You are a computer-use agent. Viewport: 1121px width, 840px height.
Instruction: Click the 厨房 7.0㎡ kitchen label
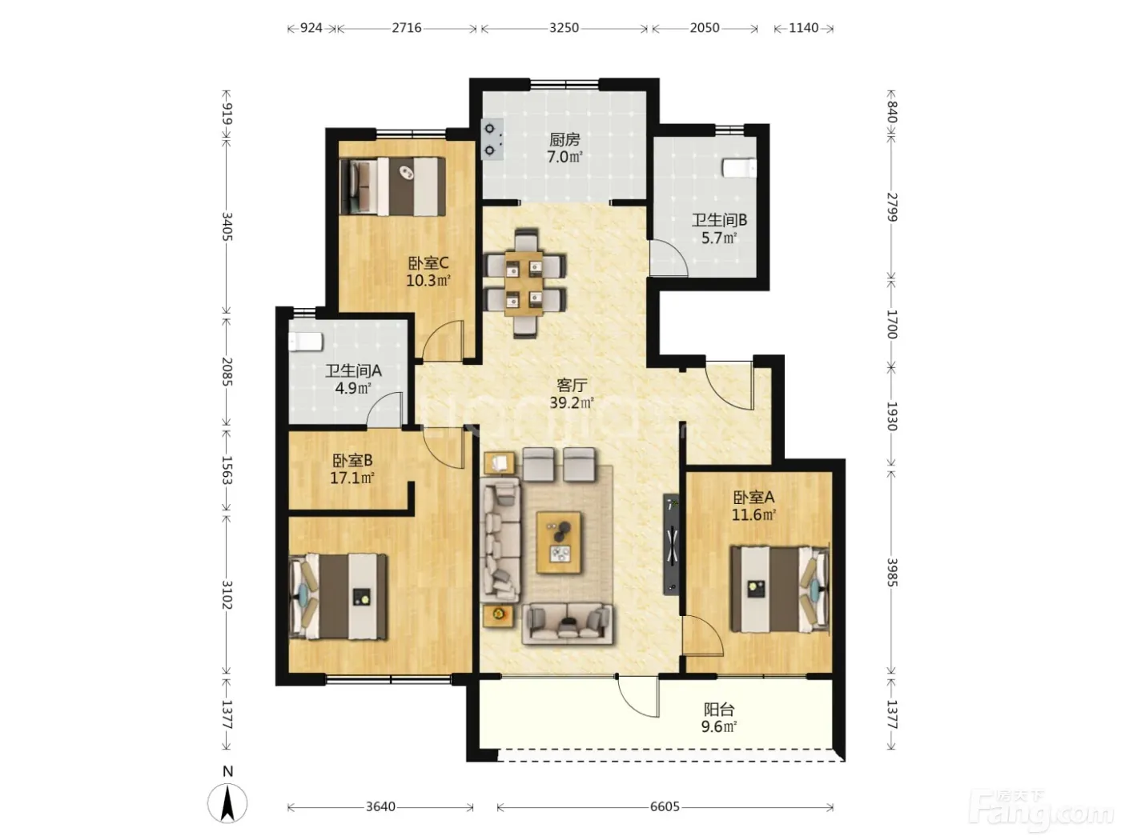click(565, 148)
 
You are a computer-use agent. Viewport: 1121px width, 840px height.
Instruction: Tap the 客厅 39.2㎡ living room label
click(572, 394)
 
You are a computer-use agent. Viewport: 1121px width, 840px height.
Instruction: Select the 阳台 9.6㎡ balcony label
click(718, 718)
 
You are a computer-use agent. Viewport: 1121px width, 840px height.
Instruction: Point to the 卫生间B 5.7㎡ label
click(719, 229)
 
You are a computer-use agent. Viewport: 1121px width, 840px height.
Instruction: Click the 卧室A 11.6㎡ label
click(753, 506)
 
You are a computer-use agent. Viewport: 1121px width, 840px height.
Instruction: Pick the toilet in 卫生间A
click(305, 342)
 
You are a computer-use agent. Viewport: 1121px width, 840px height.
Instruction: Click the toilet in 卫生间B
click(739, 168)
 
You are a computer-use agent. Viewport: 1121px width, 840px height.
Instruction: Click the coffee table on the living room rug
click(559, 542)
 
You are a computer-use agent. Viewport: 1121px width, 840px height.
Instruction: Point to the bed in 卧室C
click(392, 186)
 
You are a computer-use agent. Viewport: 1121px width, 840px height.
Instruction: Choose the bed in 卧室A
click(780, 589)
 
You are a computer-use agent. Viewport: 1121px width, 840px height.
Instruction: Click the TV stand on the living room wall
click(672, 544)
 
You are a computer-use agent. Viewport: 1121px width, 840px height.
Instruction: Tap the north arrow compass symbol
click(227, 803)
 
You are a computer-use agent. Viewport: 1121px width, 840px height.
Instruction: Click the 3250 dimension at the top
click(564, 27)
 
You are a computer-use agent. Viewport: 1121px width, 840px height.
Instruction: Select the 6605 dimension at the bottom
click(665, 806)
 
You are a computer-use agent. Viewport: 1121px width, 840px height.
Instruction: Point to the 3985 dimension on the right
click(891, 572)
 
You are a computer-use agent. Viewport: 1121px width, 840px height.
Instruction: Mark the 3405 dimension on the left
click(227, 227)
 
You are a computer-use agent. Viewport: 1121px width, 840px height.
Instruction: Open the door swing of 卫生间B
click(669, 258)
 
